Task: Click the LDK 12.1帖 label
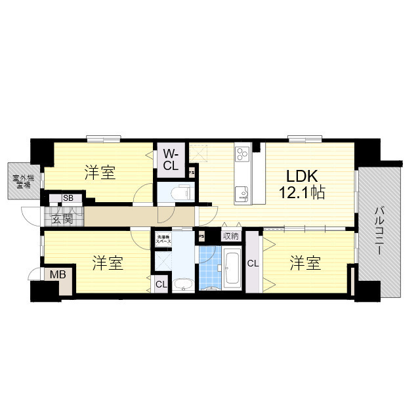[x=301, y=185]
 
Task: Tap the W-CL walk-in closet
[x=170, y=160]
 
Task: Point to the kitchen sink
[x=241, y=192]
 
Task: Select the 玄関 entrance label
[x=63, y=219]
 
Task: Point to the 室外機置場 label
[x=18, y=180]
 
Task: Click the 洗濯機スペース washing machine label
[x=163, y=240]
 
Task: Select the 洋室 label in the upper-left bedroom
[x=100, y=173]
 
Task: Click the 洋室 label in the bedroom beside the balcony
[x=306, y=263]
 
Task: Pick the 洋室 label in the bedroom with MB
[x=108, y=264]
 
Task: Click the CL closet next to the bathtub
[x=253, y=264]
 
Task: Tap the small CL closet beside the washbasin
[x=161, y=284]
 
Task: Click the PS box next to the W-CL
[x=191, y=173]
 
